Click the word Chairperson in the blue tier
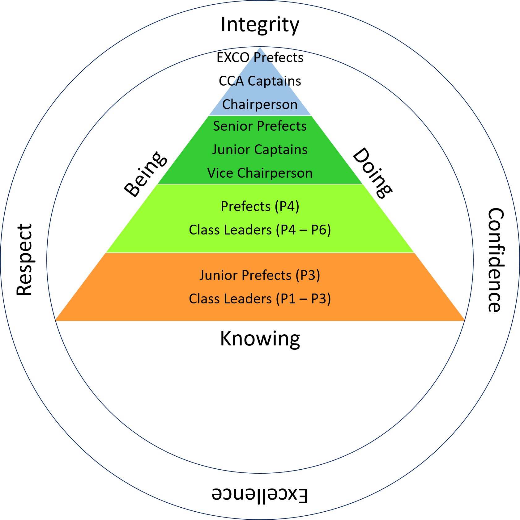click(260, 104)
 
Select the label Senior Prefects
click(260, 126)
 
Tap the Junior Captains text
click(260, 150)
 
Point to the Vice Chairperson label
click(260, 173)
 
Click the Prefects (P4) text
click(260, 206)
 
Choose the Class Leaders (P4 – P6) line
click(260, 230)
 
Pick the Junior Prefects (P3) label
click(260, 275)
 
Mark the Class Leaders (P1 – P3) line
click(260, 299)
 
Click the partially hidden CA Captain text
click(260, 81)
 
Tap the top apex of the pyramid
click(260, 47)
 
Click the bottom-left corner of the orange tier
click(54, 321)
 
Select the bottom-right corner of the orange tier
click(466, 321)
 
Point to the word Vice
click(220, 173)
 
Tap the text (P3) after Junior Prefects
click(308, 275)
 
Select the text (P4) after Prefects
click(287, 206)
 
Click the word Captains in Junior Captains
click(281, 150)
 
